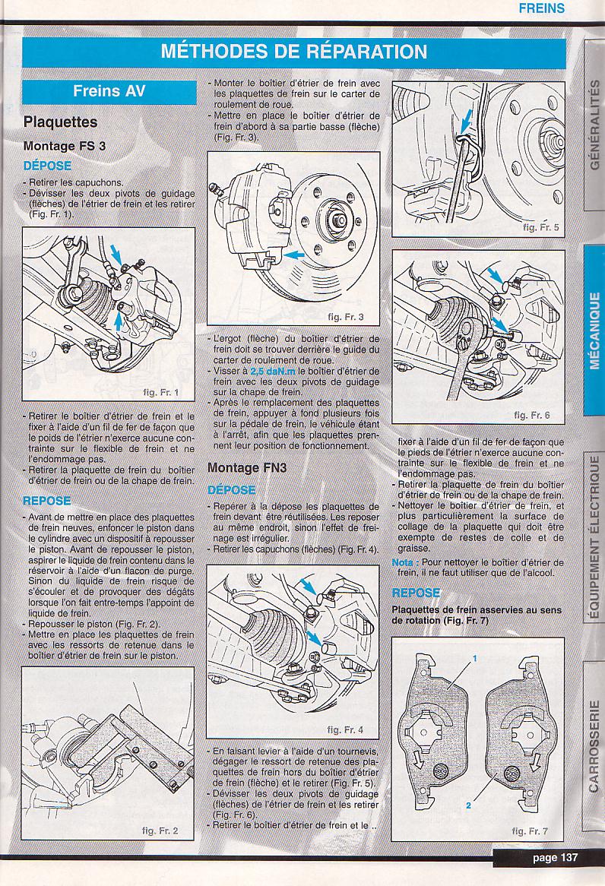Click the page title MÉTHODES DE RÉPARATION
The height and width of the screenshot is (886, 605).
(294, 52)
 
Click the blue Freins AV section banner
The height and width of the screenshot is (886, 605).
(109, 91)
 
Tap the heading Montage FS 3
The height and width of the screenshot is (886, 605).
(65, 146)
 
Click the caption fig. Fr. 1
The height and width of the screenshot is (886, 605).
(160, 392)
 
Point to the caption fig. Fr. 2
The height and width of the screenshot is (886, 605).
(160, 831)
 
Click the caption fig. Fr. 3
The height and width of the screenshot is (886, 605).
(346, 316)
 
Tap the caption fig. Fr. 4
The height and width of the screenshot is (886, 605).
(345, 729)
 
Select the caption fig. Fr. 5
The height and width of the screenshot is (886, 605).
(541, 226)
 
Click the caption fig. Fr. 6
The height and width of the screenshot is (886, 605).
(532, 415)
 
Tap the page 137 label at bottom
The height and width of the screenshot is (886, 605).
(555, 858)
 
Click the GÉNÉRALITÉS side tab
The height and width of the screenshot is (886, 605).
(594, 124)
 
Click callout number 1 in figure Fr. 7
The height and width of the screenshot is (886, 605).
(474, 660)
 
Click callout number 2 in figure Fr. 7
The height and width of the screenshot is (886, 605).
(467, 804)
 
